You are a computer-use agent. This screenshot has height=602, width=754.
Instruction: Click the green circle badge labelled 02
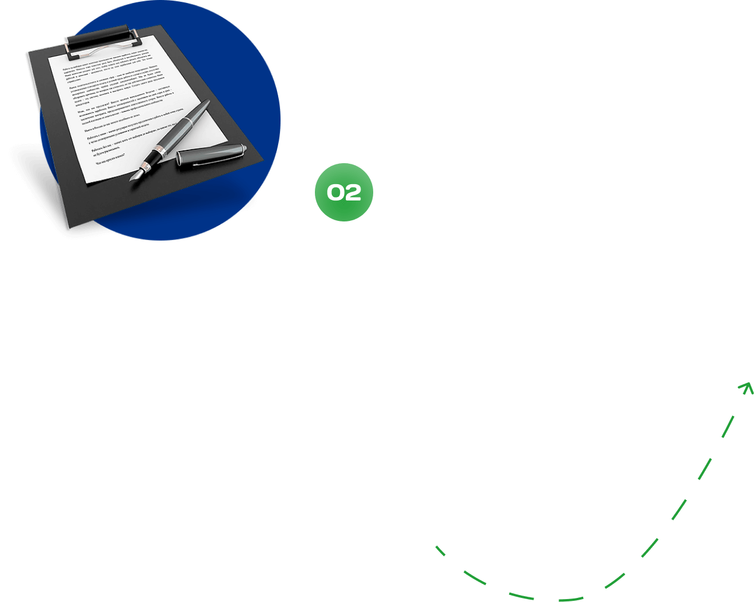pos(344,192)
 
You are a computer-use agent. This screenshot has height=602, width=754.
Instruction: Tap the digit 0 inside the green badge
pos(335,193)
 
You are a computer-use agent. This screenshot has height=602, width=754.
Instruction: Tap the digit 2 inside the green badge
pos(353,193)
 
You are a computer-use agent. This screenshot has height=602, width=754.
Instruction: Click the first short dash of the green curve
pos(440,551)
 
